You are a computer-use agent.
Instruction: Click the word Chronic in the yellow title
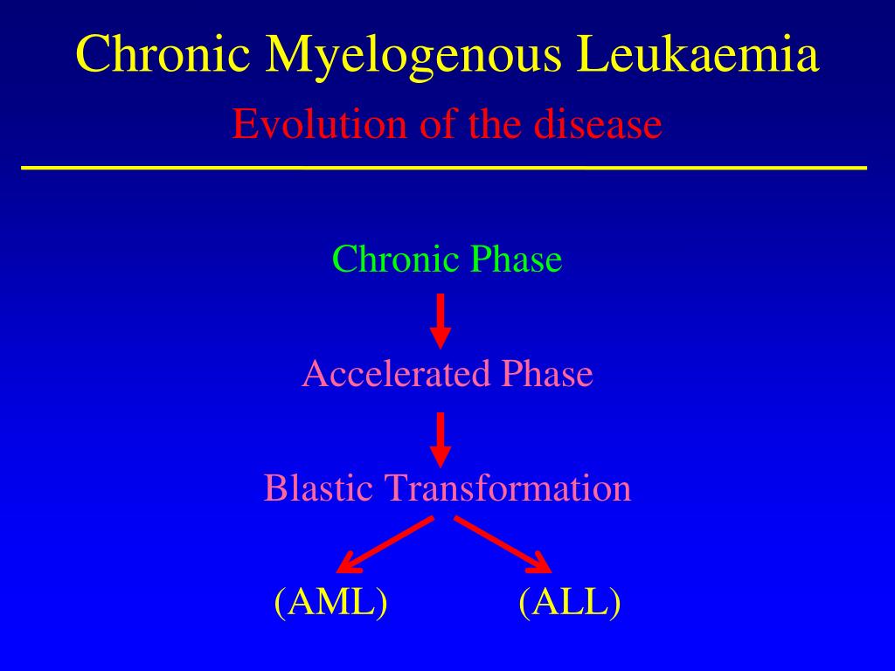[x=163, y=54]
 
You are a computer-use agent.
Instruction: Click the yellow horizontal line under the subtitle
[x=444, y=166]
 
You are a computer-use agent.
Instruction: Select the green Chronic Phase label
[x=447, y=259]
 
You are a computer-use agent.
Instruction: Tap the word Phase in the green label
[x=516, y=259]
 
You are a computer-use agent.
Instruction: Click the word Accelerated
[x=396, y=374]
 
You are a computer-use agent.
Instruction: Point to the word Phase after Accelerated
[x=546, y=374]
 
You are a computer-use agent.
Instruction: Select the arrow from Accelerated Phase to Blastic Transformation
[x=441, y=439]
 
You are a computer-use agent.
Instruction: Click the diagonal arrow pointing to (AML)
[x=385, y=543]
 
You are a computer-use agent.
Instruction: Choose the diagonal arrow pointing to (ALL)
[x=503, y=543]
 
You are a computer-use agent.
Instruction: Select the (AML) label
[x=330, y=603]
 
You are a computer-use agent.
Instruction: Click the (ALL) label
[x=569, y=603]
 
